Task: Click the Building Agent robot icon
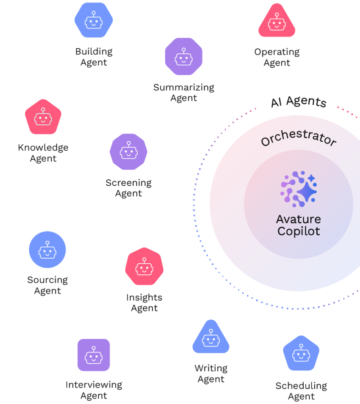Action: point(94,20)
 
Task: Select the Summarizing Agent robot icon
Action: point(183,57)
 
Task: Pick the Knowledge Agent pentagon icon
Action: point(43,117)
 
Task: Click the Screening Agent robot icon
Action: point(128,152)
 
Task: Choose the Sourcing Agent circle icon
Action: point(47,250)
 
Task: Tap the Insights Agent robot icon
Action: point(144,267)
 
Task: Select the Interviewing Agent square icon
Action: point(94,355)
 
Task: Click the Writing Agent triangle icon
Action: point(211,338)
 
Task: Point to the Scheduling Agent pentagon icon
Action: point(301,354)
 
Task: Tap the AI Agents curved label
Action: point(299,102)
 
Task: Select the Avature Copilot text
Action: point(299,225)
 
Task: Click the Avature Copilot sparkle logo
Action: point(299,189)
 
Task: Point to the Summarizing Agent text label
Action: point(184,93)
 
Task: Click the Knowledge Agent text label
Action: point(43,153)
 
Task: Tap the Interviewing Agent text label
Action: point(94,390)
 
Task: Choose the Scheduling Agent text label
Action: point(301,391)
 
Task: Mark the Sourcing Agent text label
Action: point(47,285)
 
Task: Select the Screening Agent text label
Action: point(128,188)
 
